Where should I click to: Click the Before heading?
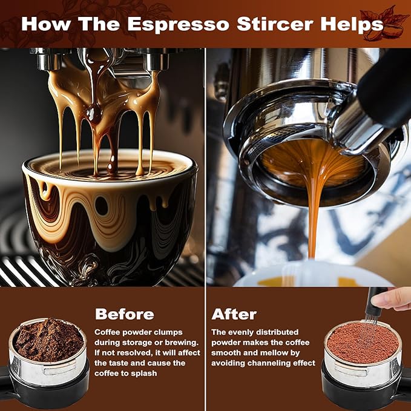point(124,314)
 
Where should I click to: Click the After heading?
point(234,314)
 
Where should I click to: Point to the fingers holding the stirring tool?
point(398,298)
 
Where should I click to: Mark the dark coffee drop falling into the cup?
point(94,113)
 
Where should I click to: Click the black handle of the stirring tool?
point(377,297)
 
